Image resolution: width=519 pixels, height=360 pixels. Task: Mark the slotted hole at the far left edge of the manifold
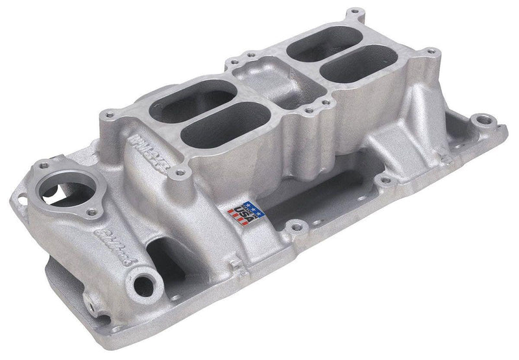point(14,239)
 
